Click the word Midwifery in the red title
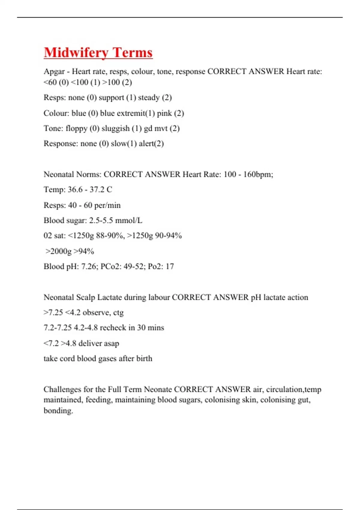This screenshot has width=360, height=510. click(x=76, y=53)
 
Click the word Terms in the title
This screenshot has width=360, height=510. click(x=133, y=53)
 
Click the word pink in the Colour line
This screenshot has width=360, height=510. click(x=164, y=113)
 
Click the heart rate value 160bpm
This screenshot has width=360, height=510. click(x=258, y=175)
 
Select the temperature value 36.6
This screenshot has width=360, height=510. click(x=75, y=190)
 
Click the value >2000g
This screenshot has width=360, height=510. click(x=58, y=251)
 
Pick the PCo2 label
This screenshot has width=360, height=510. click(x=110, y=266)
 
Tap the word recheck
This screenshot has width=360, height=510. click(x=113, y=328)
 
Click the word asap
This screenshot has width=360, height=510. click(x=111, y=343)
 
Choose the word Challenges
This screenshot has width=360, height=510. click(x=62, y=389)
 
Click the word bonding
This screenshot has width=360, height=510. click(x=58, y=411)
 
